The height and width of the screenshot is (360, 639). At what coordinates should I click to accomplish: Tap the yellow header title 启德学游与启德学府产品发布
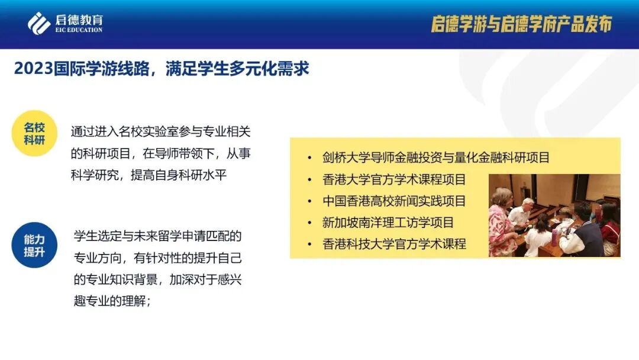point(521,24)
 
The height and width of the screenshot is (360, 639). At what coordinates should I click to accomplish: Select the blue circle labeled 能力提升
point(34,245)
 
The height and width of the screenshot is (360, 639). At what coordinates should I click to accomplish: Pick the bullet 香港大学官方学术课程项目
point(394,179)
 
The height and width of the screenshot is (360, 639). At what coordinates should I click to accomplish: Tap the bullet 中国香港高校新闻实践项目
point(394,201)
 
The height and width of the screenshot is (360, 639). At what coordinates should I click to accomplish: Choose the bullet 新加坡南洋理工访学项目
point(388,223)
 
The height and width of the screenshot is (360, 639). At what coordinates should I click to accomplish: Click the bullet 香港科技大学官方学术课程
point(394,243)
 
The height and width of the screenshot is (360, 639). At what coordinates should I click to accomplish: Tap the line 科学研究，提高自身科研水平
point(149,175)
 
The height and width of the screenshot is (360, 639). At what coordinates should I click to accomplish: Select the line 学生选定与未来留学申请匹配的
point(158,236)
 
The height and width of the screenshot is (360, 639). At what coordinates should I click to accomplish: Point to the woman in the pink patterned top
point(502,222)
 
